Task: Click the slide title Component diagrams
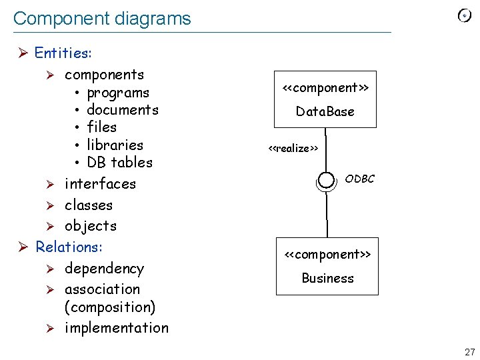coord(102,19)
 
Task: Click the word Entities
coord(63,53)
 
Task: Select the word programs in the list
coord(118,93)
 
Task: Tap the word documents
coord(123,110)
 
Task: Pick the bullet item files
coord(101,127)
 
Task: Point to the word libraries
coord(115,145)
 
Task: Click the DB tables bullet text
coord(119,162)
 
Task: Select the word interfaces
coord(100,184)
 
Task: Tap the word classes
coord(89,205)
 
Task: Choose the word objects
coord(91,226)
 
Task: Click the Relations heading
coord(69,247)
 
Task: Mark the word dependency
coord(104,269)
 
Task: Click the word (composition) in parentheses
coord(110,307)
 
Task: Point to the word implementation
coord(117,328)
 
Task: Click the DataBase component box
coord(325,99)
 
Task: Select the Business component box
coord(327,266)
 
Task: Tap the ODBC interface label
coord(360,179)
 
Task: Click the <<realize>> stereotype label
coord(293,148)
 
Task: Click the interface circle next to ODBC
coord(326,180)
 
